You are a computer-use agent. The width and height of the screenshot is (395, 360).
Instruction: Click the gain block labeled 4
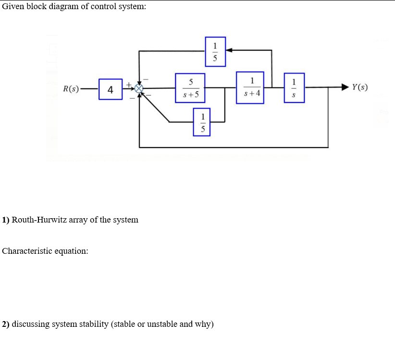click(111, 89)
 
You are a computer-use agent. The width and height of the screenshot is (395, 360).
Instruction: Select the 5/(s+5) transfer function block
click(190, 88)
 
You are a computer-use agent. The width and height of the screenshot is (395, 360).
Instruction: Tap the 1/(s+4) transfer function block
click(250, 87)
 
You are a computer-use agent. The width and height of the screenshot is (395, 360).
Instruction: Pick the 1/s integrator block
click(294, 88)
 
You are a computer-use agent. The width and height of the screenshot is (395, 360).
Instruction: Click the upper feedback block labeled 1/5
click(215, 51)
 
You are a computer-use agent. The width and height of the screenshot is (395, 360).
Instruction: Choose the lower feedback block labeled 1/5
click(203, 122)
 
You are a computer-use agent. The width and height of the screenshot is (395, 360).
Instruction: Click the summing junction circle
click(139, 89)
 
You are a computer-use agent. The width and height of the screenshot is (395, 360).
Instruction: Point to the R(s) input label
click(71, 89)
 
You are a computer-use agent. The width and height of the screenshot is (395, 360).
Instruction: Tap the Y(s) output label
click(359, 87)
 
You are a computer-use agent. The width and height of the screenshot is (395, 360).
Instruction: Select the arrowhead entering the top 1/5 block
click(230, 50)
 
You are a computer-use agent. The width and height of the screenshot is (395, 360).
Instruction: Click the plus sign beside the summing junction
click(128, 85)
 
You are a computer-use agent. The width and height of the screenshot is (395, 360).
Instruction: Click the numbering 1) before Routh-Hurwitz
click(6, 220)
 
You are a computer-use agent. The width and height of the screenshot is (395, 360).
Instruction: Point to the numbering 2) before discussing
click(6, 324)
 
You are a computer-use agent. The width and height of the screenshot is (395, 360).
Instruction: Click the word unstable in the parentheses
click(162, 323)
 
